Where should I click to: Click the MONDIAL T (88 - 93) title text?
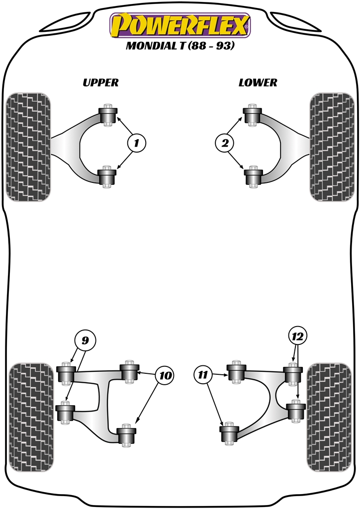click(x=180, y=46)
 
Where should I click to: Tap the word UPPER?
click(x=100, y=83)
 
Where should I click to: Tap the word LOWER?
click(x=258, y=83)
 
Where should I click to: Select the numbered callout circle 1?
click(x=137, y=143)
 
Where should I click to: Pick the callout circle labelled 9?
click(x=85, y=340)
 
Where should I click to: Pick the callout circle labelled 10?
click(x=165, y=376)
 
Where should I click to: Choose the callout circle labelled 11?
click(x=203, y=375)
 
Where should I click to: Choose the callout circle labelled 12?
click(x=297, y=337)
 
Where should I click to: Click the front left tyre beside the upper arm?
click(x=28, y=147)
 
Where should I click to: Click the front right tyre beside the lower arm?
click(x=332, y=147)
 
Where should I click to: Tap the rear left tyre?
click(x=31, y=418)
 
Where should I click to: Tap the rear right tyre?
click(x=329, y=418)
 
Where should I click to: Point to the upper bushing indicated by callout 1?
click(x=107, y=115)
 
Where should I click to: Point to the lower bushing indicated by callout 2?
click(x=254, y=176)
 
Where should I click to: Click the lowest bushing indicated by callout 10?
click(x=126, y=435)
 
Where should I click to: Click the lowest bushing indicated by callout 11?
click(x=229, y=434)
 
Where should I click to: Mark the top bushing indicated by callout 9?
click(x=66, y=373)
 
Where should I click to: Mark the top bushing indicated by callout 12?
click(x=293, y=374)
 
